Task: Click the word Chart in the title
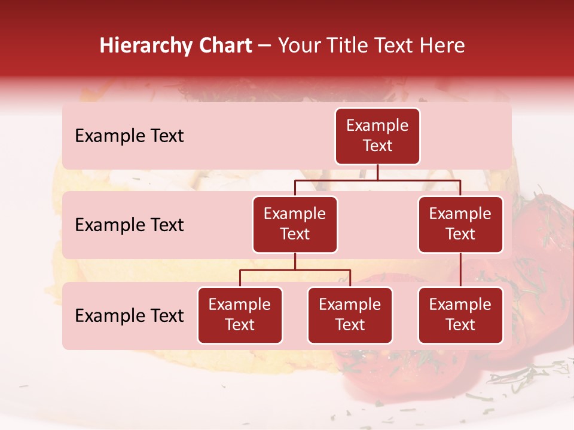point(224,46)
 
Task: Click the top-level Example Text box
point(377,136)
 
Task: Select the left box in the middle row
point(295,225)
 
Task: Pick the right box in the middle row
point(460,225)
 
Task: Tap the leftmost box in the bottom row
point(240,315)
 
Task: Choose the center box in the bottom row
point(350,315)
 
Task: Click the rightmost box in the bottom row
point(460,315)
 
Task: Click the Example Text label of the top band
point(129,136)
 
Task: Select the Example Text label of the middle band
point(129,225)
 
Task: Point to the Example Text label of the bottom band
point(129,316)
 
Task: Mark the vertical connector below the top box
point(377,173)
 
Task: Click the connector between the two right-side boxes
point(460,270)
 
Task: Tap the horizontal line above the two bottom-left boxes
point(295,270)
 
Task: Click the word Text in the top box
point(377,146)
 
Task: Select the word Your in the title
point(299,46)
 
